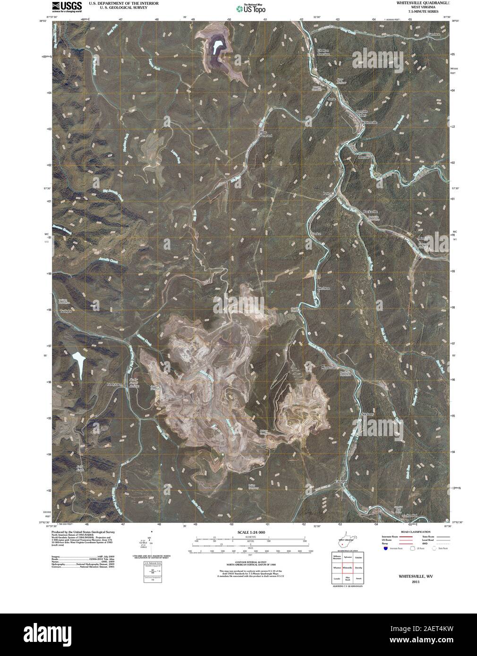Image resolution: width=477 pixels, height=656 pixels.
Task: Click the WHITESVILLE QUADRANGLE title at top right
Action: click(x=423, y=3)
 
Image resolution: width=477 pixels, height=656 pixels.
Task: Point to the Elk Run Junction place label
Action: click(x=324, y=52)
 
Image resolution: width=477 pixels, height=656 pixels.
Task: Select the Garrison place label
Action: click(x=434, y=34)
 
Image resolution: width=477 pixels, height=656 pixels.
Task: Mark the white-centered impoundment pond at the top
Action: click(x=218, y=47)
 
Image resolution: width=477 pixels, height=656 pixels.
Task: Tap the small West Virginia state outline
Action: click(x=347, y=542)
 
